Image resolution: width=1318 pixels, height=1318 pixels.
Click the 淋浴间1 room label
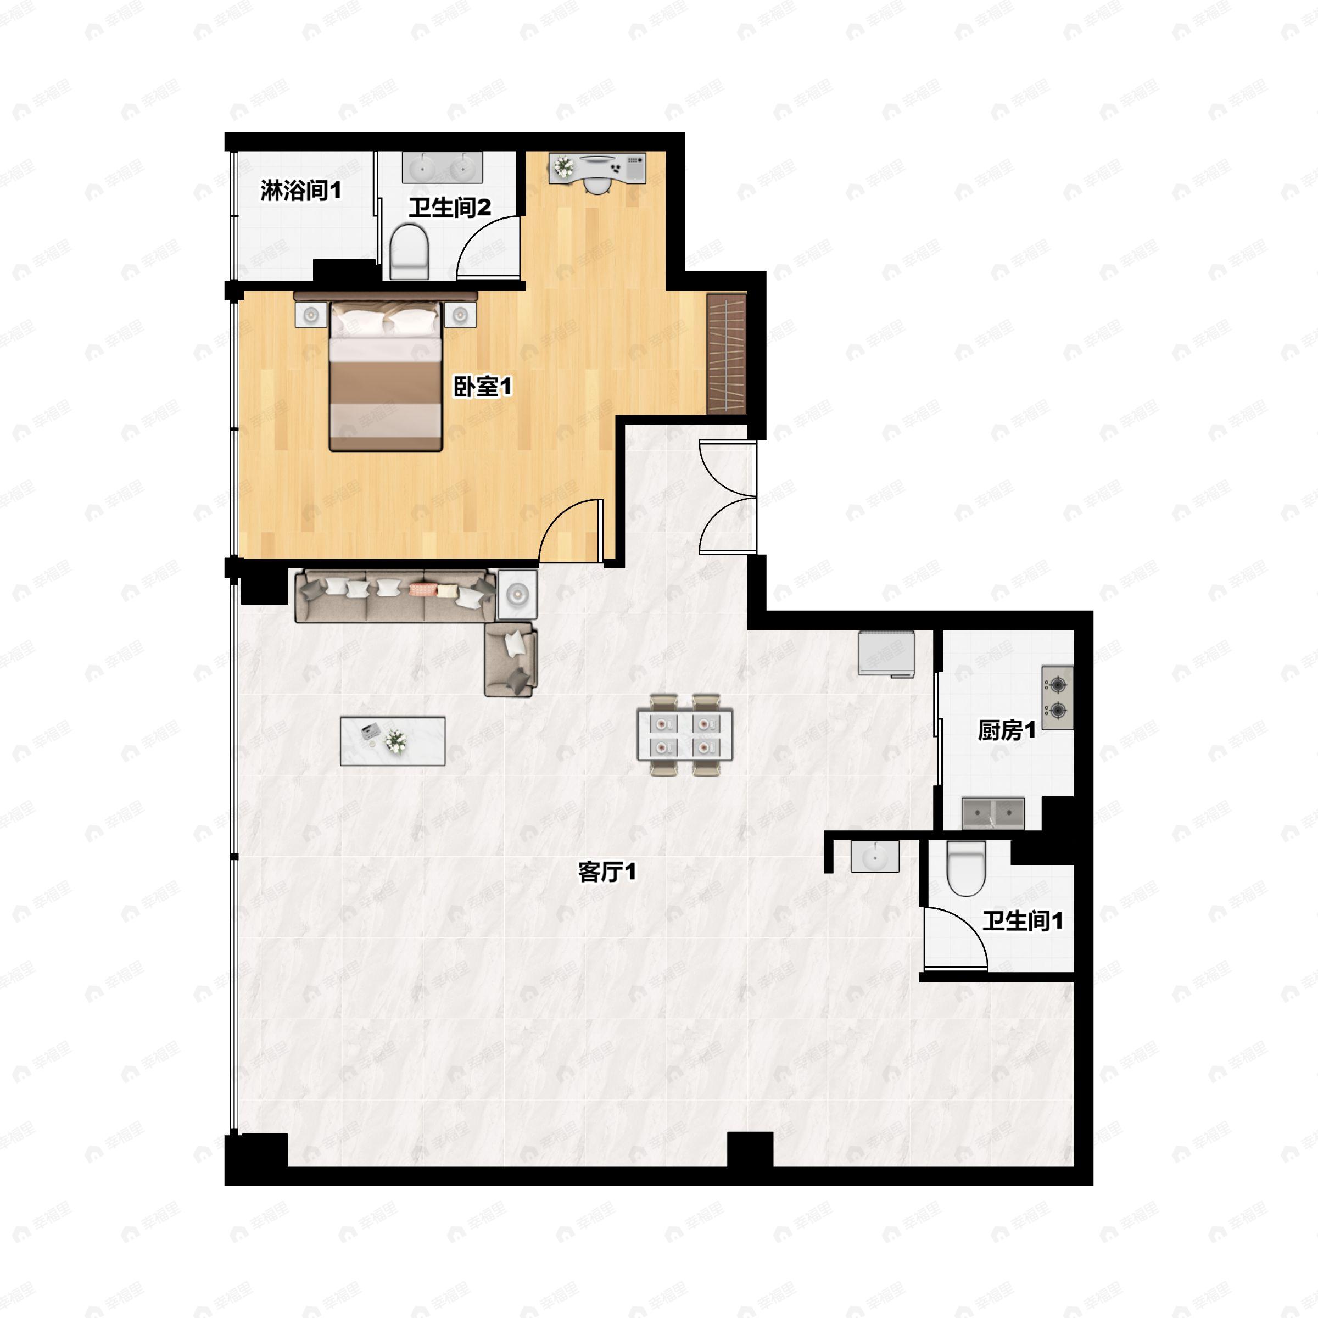[300, 191]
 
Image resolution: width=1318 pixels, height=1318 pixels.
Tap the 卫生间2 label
[450, 208]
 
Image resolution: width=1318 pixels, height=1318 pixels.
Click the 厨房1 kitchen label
[1006, 730]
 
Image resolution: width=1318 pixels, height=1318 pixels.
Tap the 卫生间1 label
[1022, 921]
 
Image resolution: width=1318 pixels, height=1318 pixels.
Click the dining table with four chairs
[684, 734]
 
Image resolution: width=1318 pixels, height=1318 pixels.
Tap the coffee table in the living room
[392, 741]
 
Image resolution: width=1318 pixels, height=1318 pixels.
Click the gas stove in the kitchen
[1057, 697]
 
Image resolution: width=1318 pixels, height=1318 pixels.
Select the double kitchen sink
[992, 813]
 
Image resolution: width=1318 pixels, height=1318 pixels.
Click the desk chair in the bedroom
[598, 185]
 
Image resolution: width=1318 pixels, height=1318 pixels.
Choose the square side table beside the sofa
[517, 595]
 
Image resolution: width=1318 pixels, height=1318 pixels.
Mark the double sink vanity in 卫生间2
[442, 167]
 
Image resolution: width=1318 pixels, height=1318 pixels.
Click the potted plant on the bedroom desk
[563, 166]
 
